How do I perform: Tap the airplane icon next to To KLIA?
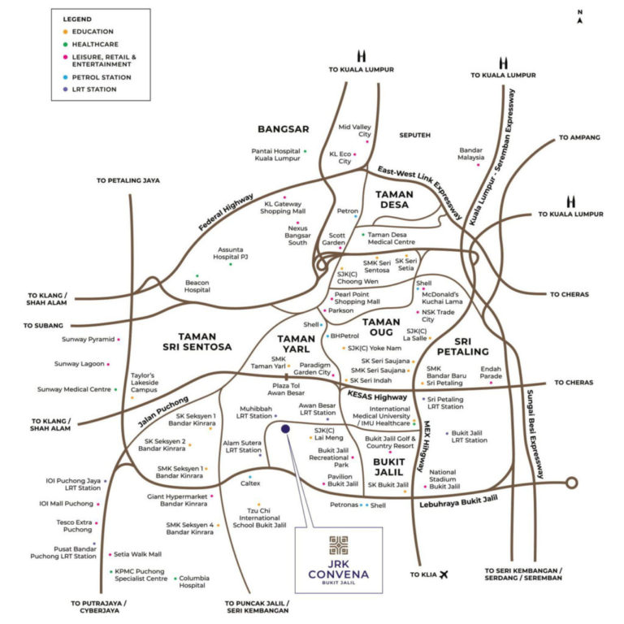pos(444,575)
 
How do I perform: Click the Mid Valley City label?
pos(354,131)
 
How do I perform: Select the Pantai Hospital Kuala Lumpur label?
pos(276,156)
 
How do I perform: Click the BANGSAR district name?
pos(284,129)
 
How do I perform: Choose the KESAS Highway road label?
pos(376,396)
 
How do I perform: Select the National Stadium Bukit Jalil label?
pos(443,479)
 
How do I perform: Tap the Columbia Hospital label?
pos(193,581)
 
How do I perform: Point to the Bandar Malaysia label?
pos(471,154)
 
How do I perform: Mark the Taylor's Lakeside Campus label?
pos(143,383)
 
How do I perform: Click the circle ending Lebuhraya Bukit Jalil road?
pos(571,483)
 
